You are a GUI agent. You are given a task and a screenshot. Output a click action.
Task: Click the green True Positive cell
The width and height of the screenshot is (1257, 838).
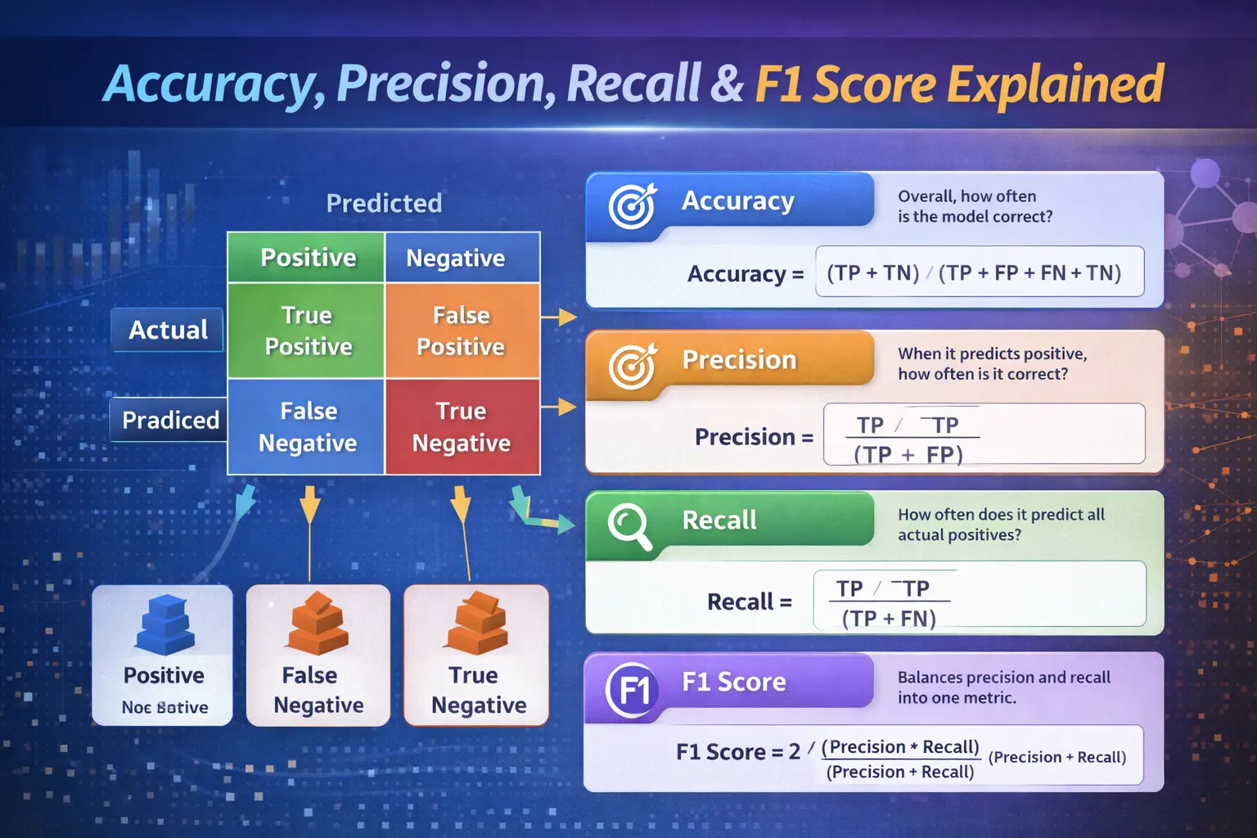click(x=307, y=331)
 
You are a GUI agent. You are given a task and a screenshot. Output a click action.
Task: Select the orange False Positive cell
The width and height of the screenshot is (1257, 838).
click(x=462, y=331)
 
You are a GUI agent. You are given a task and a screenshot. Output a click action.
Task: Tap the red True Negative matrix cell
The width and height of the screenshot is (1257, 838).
click(x=462, y=426)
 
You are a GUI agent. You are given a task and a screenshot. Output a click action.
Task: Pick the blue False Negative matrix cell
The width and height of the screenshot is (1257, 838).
click(x=307, y=426)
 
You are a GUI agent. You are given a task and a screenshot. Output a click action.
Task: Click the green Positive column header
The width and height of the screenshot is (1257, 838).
click(x=307, y=258)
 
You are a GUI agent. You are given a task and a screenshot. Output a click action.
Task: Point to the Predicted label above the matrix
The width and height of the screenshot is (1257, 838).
click(x=384, y=203)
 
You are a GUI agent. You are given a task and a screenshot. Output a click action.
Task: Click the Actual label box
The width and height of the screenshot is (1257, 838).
click(x=168, y=330)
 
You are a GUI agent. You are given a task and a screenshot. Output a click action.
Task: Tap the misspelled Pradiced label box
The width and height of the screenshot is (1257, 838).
click(x=169, y=420)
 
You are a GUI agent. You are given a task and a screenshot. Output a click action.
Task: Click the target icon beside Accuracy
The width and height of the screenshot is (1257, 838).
click(x=632, y=205)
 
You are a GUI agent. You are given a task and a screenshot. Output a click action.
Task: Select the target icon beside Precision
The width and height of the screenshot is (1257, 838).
click(x=632, y=366)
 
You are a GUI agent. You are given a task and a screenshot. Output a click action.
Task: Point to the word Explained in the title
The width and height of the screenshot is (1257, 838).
click(x=1055, y=83)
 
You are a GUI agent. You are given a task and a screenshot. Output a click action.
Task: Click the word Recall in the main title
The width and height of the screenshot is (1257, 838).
click(x=633, y=83)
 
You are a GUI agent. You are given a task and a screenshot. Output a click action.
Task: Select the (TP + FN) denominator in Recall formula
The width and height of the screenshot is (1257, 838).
click(x=889, y=619)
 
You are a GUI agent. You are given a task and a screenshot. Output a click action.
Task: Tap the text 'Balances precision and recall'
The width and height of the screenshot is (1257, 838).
click(x=1003, y=678)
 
